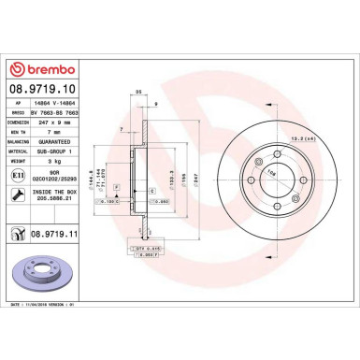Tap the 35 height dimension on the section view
point(138,93)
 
